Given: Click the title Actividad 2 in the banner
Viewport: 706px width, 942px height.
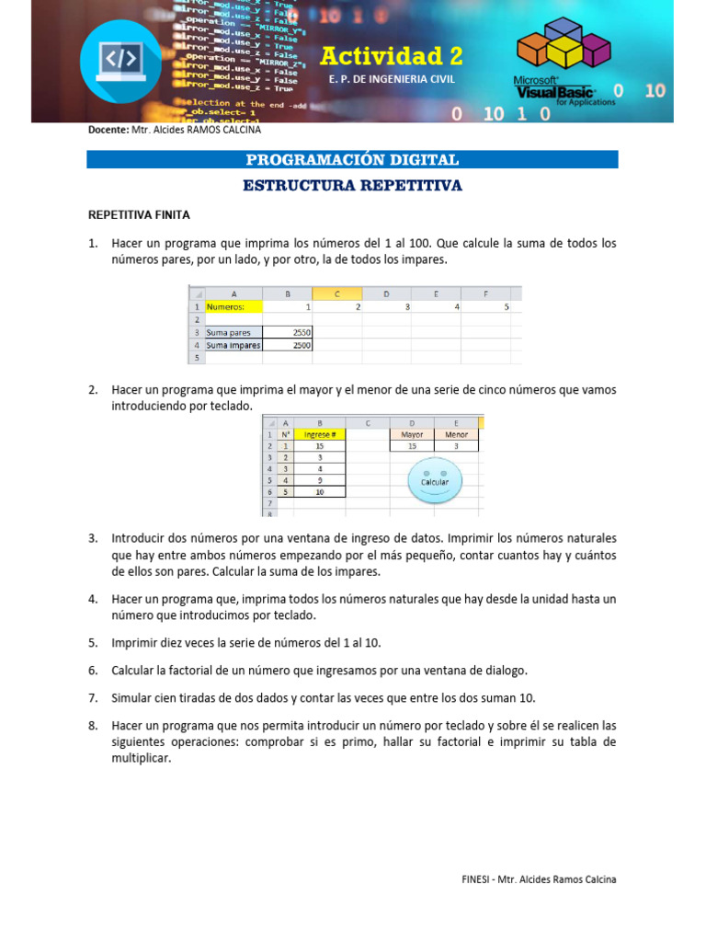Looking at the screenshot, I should point(391,57).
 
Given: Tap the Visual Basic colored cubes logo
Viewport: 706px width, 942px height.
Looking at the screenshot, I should point(562,51).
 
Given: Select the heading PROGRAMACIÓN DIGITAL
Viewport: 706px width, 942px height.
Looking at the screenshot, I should point(352,160).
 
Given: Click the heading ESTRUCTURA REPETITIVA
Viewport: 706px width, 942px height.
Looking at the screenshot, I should point(352,186).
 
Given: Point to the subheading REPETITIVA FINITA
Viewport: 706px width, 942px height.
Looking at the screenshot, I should point(139,215).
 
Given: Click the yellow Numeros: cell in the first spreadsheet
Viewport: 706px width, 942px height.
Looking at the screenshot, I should point(233,306).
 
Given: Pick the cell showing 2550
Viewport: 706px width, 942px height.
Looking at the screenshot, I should point(288,332).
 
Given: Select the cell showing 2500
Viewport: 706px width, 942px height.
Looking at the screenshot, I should point(288,345).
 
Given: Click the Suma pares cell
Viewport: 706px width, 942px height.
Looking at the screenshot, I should point(233,332).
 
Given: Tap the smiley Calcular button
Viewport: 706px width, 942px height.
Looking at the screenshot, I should point(434,480).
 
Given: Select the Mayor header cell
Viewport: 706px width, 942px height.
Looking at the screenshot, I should point(412,434).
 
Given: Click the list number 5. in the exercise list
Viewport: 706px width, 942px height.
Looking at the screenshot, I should point(93,642).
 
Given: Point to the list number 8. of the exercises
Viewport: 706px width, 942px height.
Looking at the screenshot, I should point(93,726).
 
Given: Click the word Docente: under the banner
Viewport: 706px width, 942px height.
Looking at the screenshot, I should point(108,131).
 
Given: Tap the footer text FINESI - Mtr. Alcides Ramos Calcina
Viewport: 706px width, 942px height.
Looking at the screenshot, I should point(539,879).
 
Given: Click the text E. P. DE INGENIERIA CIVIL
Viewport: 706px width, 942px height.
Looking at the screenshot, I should point(391,80).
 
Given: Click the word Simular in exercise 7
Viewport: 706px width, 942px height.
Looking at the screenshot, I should point(133,697).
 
